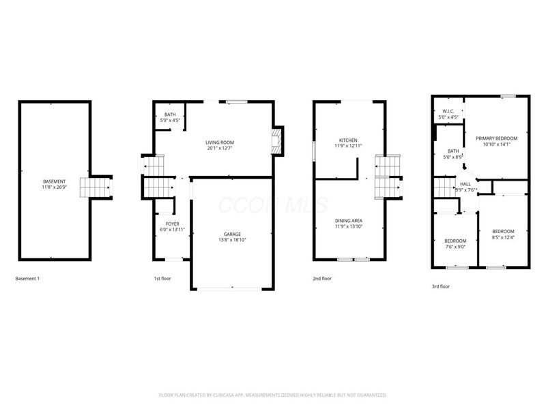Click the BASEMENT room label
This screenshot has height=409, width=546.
point(55,181)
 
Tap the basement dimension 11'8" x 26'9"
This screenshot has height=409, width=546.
point(55,187)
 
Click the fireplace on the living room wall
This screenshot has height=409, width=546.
point(277,141)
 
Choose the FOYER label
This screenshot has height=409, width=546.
point(172,224)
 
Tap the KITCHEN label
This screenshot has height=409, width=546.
point(346,140)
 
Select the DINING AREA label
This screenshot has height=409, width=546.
point(347,220)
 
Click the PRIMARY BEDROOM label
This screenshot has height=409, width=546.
point(496,138)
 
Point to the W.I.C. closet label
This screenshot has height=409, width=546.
point(448,111)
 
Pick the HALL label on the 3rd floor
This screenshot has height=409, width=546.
point(465,184)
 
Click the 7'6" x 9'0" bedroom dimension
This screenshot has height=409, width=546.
point(455,247)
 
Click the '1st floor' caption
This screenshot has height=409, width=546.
point(163,278)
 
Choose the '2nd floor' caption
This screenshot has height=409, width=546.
point(322,278)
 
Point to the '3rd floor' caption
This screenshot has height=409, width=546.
point(440,286)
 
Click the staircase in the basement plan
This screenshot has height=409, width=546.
point(96,186)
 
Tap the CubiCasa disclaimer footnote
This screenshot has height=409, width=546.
point(272,395)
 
